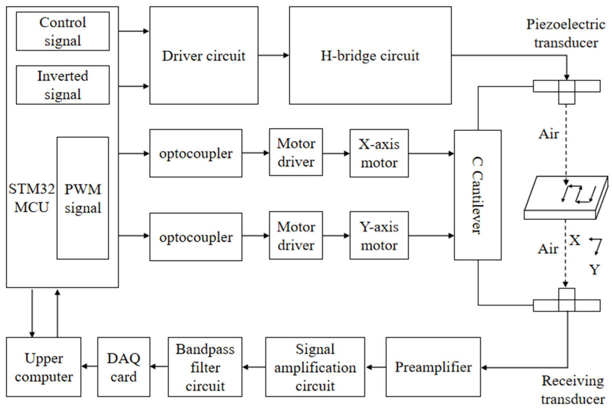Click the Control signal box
[x=62, y=31]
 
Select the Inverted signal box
[x=62, y=85]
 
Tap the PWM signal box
[x=83, y=198]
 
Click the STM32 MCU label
[x=31, y=198]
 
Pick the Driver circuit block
[x=204, y=55]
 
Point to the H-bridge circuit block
[x=370, y=55]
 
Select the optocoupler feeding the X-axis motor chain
[x=196, y=153]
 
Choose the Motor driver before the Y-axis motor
[x=296, y=235]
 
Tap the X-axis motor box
[x=379, y=153]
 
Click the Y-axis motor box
[x=379, y=235]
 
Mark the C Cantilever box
[x=477, y=195]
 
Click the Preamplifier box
[x=433, y=367]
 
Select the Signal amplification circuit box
[x=315, y=367]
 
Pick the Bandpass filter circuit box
[x=205, y=367]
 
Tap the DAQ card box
[x=123, y=367]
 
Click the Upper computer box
[x=44, y=367]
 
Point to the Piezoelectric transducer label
[x=566, y=33]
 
